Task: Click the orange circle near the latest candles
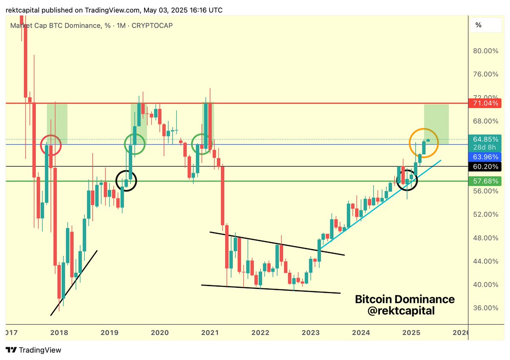(424, 143)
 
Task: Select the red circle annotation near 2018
(51, 145)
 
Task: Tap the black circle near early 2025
(407, 180)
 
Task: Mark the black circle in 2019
(126, 180)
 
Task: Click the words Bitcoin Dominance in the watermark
(405, 299)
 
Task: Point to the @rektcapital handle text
(401, 311)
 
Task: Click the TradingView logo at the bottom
(34, 350)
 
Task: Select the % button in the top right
(484, 25)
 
